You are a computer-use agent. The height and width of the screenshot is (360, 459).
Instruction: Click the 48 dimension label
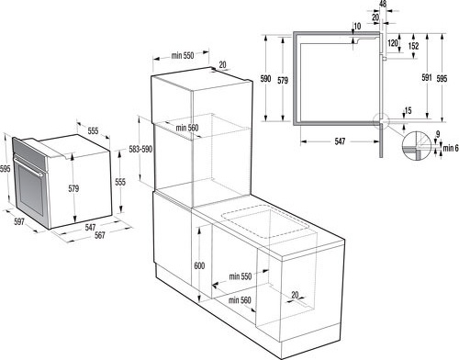click(x=383, y=4)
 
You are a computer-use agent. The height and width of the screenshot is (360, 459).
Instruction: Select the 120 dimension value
click(x=393, y=43)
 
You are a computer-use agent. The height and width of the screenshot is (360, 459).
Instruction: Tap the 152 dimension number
click(x=413, y=46)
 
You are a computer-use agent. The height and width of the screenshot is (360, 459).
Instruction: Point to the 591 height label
click(x=427, y=77)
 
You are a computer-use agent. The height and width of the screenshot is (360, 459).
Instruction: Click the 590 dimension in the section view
click(x=265, y=79)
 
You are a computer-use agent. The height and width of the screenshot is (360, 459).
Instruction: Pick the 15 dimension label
click(x=408, y=110)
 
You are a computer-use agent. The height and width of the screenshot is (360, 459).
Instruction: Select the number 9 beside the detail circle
click(x=438, y=134)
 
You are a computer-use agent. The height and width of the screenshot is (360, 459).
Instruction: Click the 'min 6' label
click(x=451, y=149)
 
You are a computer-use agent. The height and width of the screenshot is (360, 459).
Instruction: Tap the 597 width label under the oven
click(x=19, y=221)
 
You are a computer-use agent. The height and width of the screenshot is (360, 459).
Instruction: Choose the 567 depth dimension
click(x=100, y=235)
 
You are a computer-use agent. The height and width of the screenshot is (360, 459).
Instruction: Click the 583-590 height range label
click(x=140, y=150)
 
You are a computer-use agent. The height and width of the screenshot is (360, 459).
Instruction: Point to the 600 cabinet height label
click(x=199, y=265)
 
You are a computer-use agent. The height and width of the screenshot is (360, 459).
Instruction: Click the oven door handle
click(x=28, y=166)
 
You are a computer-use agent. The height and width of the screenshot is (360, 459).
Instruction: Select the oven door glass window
click(x=30, y=188)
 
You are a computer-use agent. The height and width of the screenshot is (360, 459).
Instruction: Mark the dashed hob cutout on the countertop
click(x=264, y=222)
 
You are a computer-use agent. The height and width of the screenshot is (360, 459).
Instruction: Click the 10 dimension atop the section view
click(x=357, y=26)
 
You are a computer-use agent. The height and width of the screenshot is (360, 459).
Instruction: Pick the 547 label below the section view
click(x=340, y=141)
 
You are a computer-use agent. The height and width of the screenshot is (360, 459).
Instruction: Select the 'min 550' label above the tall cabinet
click(x=183, y=56)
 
